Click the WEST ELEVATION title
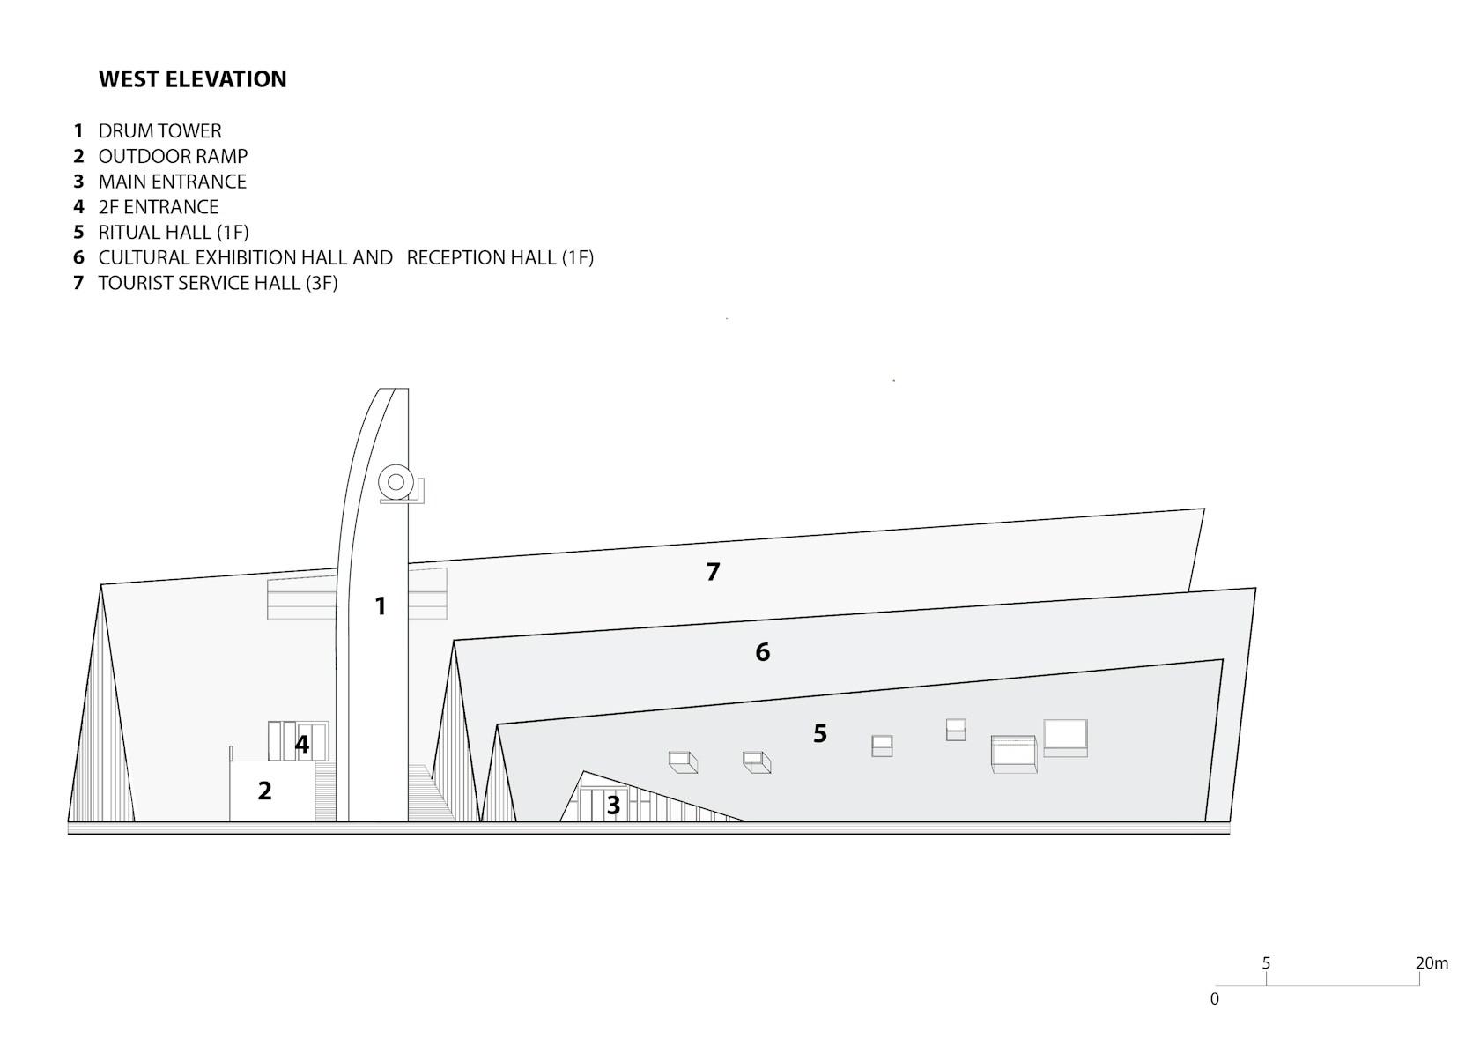coord(192,79)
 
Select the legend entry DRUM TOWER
coord(160,130)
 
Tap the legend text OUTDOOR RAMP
coord(173,156)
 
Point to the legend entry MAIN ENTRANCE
coord(173,182)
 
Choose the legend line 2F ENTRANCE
coord(159,207)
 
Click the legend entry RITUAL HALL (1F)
coord(174,232)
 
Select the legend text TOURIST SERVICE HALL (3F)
coord(218,283)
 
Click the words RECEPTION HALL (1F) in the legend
coord(500,257)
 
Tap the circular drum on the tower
coord(396,483)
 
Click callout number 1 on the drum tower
coord(380,606)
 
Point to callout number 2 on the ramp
coord(264,791)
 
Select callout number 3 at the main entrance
coord(613,806)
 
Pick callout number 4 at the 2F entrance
coord(302,744)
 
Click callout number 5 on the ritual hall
coord(820,733)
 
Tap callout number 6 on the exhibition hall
coord(763,652)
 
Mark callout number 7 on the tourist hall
coord(713,572)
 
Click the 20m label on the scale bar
coord(1432,963)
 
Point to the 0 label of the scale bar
coord(1214,999)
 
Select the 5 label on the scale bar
coord(1266,963)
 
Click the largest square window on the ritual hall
coord(1066,738)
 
